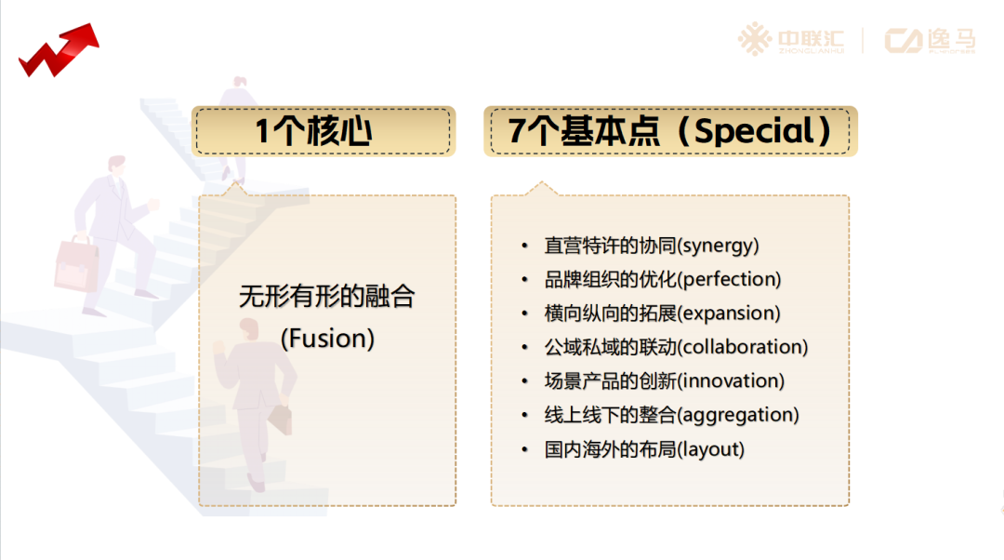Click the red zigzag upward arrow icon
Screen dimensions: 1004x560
point(59,50)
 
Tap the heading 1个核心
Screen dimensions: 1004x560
point(314,131)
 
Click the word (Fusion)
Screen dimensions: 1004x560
point(327,339)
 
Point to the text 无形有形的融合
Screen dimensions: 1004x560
point(327,296)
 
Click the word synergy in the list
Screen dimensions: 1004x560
point(718,246)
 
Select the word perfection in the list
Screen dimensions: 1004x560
point(730,279)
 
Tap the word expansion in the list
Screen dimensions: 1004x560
point(729,313)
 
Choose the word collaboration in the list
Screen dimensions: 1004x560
point(743,347)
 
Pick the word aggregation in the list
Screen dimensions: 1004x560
point(737,415)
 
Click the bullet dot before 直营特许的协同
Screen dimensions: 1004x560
point(525,246)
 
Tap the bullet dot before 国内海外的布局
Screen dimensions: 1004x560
point(525,449)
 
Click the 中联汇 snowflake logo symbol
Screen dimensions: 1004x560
point(754,39)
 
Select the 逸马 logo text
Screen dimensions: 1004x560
point(952,40)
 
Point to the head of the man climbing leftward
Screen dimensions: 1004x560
point(116,166)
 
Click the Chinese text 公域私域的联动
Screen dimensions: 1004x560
point(610,347)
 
